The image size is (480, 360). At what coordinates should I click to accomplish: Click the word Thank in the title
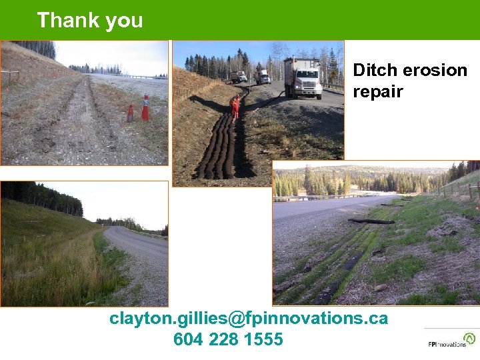coord(64,20)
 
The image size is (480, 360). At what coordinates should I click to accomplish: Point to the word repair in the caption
coord(377,91)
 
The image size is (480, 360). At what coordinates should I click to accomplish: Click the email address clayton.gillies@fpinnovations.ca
coord(249,318)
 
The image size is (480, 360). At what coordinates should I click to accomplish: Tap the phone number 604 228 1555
coord(228,339)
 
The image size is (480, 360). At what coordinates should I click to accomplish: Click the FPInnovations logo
coord(451,340)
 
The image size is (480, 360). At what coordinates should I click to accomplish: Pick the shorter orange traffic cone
coord(130,113)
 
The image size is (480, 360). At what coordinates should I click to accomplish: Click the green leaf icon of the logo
coord(471,338)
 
